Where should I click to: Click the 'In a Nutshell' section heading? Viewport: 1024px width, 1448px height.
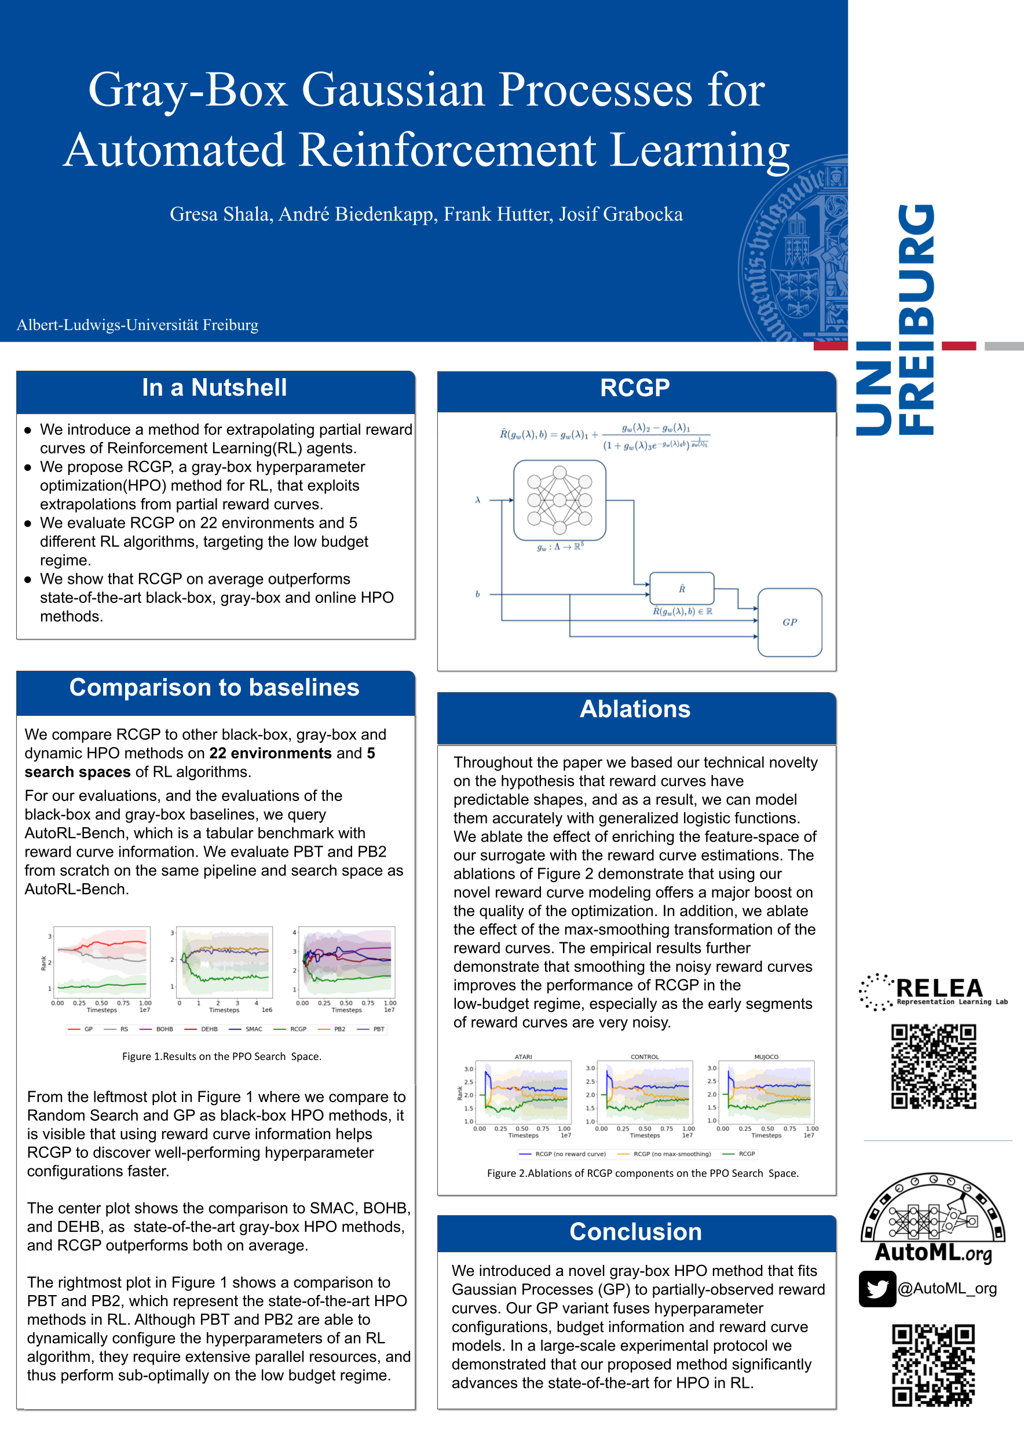(214, 388)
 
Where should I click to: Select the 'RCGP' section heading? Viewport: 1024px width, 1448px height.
(635, 388)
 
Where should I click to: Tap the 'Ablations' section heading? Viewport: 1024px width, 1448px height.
(635, 710)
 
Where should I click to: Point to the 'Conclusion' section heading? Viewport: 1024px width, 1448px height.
(635, 1233)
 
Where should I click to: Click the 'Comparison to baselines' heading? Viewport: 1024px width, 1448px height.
(214, 688)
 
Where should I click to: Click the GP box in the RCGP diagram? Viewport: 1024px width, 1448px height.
(789, 623)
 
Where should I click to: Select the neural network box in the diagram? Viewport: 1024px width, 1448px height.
(559, 500)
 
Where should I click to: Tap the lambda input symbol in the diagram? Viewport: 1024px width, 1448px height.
(477, 500)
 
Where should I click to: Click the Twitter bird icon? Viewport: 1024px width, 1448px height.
(876, 1289)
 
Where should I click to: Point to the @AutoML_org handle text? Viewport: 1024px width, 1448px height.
(947, 1289)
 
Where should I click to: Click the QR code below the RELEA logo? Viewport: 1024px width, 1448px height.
(933, 1066)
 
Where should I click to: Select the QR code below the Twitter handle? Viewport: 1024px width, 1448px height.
(933, 1365)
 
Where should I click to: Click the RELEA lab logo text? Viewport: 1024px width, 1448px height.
(939, 989)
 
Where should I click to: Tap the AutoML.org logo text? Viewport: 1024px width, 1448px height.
(933, 1252)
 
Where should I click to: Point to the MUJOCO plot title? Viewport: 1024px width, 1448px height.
(766, 1057)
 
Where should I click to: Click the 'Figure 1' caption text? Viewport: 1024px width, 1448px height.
(221, 1056)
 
